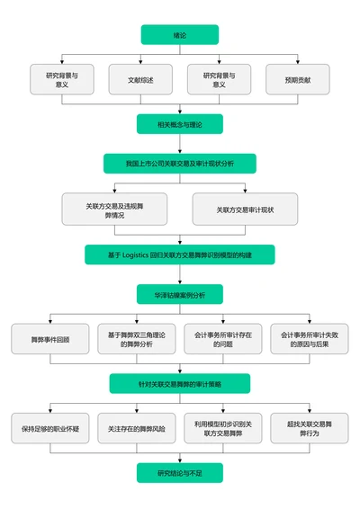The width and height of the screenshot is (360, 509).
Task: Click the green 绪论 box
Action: point(179,34)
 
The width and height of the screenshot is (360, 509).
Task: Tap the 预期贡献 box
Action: point(297,80)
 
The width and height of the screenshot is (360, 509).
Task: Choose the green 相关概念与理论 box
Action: point(179,124)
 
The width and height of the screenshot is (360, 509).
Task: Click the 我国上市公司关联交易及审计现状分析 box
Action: point(179,164)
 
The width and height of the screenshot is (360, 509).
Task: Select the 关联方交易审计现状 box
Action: point(245,210)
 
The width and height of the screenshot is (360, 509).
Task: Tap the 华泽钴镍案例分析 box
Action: point(179,295)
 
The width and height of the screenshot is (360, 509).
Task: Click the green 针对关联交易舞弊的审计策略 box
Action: point(179,384)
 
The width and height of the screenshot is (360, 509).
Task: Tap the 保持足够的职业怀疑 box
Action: point(50,428)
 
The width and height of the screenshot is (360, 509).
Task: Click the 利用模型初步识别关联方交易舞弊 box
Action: point(222,428)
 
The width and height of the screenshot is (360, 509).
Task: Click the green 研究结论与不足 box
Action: point(179,473)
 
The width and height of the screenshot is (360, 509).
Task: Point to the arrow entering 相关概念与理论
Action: point(179,110)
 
